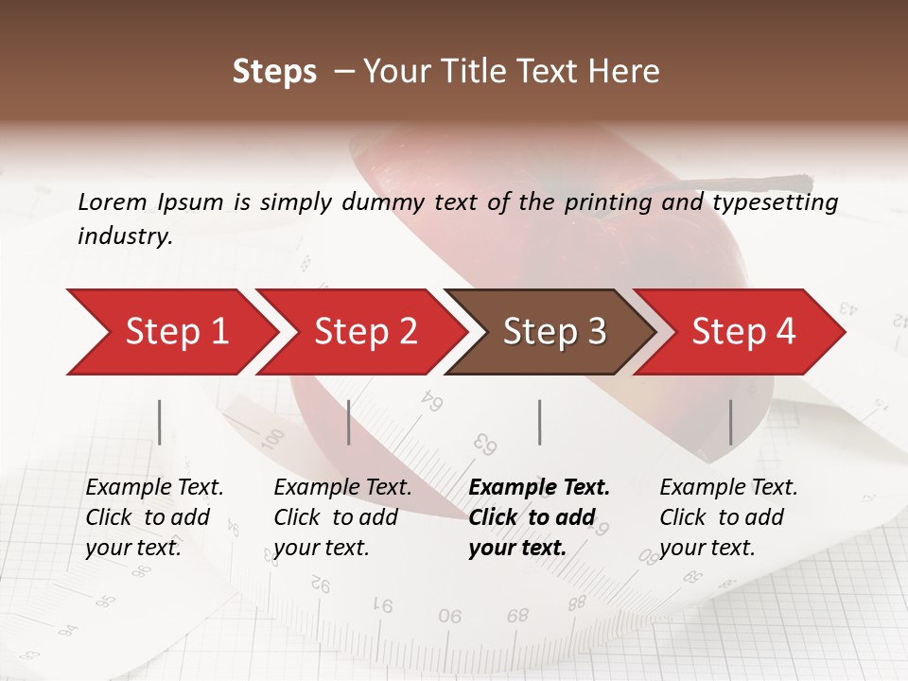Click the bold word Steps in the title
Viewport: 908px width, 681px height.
[x=274, y=72]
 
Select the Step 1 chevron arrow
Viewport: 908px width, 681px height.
[x=170, y=331]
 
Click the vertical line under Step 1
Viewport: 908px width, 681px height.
[x=160, y=422]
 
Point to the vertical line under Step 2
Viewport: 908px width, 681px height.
[x=349, y=422]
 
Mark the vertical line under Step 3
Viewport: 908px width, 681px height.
[x=540, y=422]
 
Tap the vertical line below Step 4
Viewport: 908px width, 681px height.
[x=730, y=422]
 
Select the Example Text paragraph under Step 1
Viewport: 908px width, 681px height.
[x=153, y=517]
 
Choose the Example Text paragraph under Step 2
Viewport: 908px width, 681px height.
[x=341, y=517]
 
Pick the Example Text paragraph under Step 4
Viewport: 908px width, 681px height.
[x=727, y=517]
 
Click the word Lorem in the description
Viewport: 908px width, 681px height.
[x=113, y=201]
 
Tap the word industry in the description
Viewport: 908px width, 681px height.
[x=124, y=236]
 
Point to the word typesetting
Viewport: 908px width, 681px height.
[x=775, y=202]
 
